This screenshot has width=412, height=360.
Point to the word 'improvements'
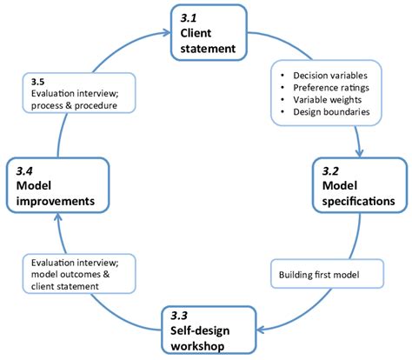coord(56,201)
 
